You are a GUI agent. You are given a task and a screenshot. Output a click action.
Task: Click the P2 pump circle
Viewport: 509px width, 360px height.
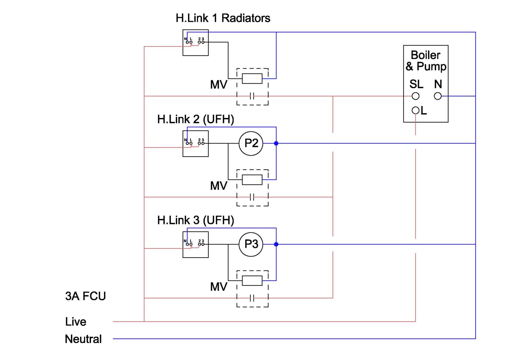click(x=251, y=143)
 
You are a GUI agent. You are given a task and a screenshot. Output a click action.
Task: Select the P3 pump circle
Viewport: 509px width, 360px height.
click(x=251, y=244)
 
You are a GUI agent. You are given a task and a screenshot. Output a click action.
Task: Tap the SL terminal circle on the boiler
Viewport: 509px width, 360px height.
click(x=415, y=96)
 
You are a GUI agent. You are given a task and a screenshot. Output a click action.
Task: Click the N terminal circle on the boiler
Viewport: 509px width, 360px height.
click(x=438, y=96)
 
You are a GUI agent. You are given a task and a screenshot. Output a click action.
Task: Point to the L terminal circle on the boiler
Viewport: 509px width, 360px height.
click(x=415, y=110)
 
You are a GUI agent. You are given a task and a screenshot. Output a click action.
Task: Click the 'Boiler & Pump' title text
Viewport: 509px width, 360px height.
click(x=426, y=60)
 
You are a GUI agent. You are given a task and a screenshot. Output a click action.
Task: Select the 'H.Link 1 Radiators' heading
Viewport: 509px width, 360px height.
click(x=223, y=18)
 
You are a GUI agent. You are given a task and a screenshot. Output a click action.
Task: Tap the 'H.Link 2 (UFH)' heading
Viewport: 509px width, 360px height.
click(x=196, y=119)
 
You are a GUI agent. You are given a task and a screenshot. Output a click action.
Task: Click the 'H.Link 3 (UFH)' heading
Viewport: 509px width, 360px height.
click(x=196, y=220)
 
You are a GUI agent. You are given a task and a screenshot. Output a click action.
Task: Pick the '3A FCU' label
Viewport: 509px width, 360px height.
click(x=85, y=296)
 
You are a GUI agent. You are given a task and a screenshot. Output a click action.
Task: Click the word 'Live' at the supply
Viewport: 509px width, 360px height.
click(x=76, y=321)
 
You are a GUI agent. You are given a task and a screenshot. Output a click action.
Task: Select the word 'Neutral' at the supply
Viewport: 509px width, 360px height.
click(x=83, y=339)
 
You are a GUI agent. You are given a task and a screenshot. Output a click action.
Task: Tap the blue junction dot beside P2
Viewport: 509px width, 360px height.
click(x=276, y=143)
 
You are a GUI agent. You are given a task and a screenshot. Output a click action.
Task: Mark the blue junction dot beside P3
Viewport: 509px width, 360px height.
click(x=276, y=244)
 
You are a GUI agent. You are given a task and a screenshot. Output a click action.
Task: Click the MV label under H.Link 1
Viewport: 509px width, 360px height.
click(x=219, y=85)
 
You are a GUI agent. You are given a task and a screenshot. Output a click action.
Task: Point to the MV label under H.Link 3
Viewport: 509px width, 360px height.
click(x=219, y=287)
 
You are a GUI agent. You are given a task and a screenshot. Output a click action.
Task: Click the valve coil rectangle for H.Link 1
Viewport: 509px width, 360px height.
click(x=252, y=78)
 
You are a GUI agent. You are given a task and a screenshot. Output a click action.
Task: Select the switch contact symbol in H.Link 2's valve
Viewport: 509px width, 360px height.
click(x=252, y=197)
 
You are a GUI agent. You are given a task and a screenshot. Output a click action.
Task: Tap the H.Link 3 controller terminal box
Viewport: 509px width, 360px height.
click(x=195, y=244)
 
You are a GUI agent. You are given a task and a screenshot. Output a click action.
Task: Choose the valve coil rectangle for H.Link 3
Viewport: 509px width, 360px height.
click(x=252, y=280)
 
